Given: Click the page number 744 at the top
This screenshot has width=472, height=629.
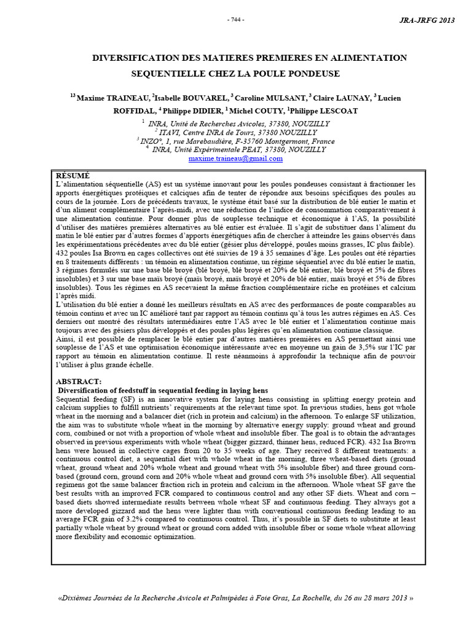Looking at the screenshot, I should tap(236, 20).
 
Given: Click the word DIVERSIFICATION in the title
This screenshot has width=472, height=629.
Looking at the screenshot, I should tap(132, 58).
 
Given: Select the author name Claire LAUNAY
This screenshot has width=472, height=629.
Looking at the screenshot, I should tap(340, 98).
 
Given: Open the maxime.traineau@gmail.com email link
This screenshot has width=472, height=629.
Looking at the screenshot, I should tap(236, 158).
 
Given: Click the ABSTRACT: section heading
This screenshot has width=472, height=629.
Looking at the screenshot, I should tap(78, 381).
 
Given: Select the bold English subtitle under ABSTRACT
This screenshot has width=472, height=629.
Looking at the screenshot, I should tap(163, 390).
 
